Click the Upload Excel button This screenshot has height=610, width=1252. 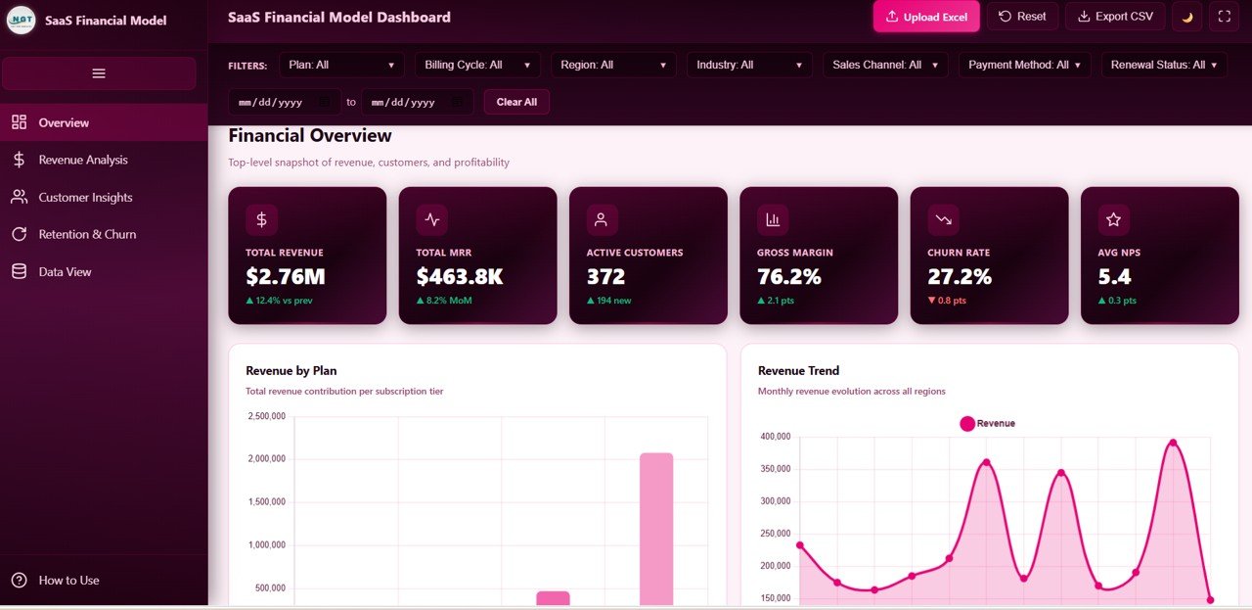point(925,17)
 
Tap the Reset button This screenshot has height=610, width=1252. point(1022,17)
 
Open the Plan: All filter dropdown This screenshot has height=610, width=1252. point(340,65)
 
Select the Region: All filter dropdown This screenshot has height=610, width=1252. point(613,65)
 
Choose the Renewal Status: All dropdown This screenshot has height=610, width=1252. point(1164,65)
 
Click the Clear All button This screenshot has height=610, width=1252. point(516,102)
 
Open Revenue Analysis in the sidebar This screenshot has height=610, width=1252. point(83,160)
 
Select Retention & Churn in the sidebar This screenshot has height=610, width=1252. point(87,234)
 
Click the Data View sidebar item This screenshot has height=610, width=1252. point(65,271)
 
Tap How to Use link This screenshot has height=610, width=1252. point(68,580)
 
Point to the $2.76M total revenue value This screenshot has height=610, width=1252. point(286,277)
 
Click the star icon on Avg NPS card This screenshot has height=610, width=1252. point(1113,220)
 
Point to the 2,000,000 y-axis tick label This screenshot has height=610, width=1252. point(265,458)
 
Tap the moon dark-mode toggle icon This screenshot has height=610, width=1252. point(1186,17)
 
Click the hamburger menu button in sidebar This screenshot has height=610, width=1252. point(99,73)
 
